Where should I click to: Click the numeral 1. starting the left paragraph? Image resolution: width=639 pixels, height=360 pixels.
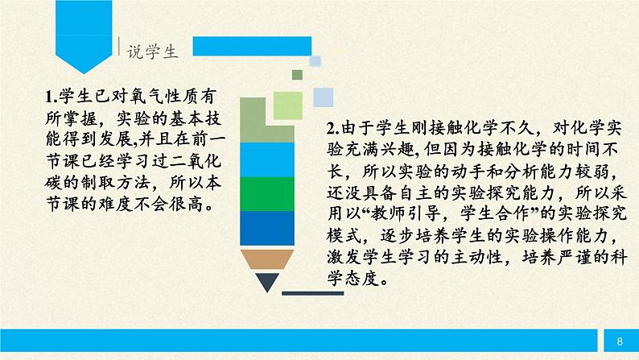[x=50, y=97]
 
